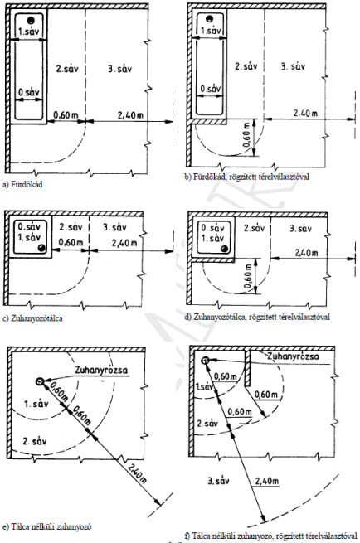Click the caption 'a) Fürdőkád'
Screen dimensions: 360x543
pos(22,185)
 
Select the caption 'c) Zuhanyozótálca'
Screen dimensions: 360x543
pos(33,318)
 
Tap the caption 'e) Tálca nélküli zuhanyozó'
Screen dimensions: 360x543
pos(46,527)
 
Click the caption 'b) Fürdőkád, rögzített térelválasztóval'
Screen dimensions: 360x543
pos(247,177)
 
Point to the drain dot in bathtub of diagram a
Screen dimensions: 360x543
pos(32,20)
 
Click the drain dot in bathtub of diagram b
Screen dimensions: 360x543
pos(209,19)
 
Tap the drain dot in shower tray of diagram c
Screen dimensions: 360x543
pos(41,248)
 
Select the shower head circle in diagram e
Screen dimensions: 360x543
pos(40,381)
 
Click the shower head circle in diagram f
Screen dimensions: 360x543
pos(205,361)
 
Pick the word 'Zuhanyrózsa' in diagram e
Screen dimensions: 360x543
pos(101,370)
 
